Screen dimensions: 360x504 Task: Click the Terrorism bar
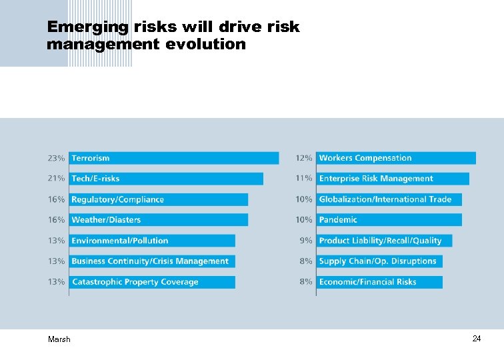pos(173,158)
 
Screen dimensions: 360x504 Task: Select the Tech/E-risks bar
pos(166,179)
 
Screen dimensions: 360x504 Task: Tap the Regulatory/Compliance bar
pos(158,199)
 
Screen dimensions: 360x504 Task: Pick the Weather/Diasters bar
pos(158,220)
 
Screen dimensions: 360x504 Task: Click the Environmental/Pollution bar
pos(152,241)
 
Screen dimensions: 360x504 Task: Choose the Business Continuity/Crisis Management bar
pos(152,261)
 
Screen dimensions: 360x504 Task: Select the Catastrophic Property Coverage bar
pos(152,282)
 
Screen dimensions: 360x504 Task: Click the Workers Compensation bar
pos(396,158)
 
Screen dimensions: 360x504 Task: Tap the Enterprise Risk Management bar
pos(393,179)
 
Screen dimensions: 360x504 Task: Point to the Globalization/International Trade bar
pos(389,199)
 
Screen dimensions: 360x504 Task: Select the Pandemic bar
pos(389,220)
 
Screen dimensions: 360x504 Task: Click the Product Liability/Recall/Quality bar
pos(384,241)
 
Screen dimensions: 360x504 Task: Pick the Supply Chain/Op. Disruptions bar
pos(379,261)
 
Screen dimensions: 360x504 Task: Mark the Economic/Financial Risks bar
pos(379,282)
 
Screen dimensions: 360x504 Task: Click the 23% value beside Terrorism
pos(56,159)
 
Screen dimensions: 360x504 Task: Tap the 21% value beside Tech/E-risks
pos(56,179)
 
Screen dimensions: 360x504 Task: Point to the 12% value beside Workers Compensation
pos(304,159)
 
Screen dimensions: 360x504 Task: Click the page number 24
pos(477,339)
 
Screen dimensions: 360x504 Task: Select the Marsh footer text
pos(59,339)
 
